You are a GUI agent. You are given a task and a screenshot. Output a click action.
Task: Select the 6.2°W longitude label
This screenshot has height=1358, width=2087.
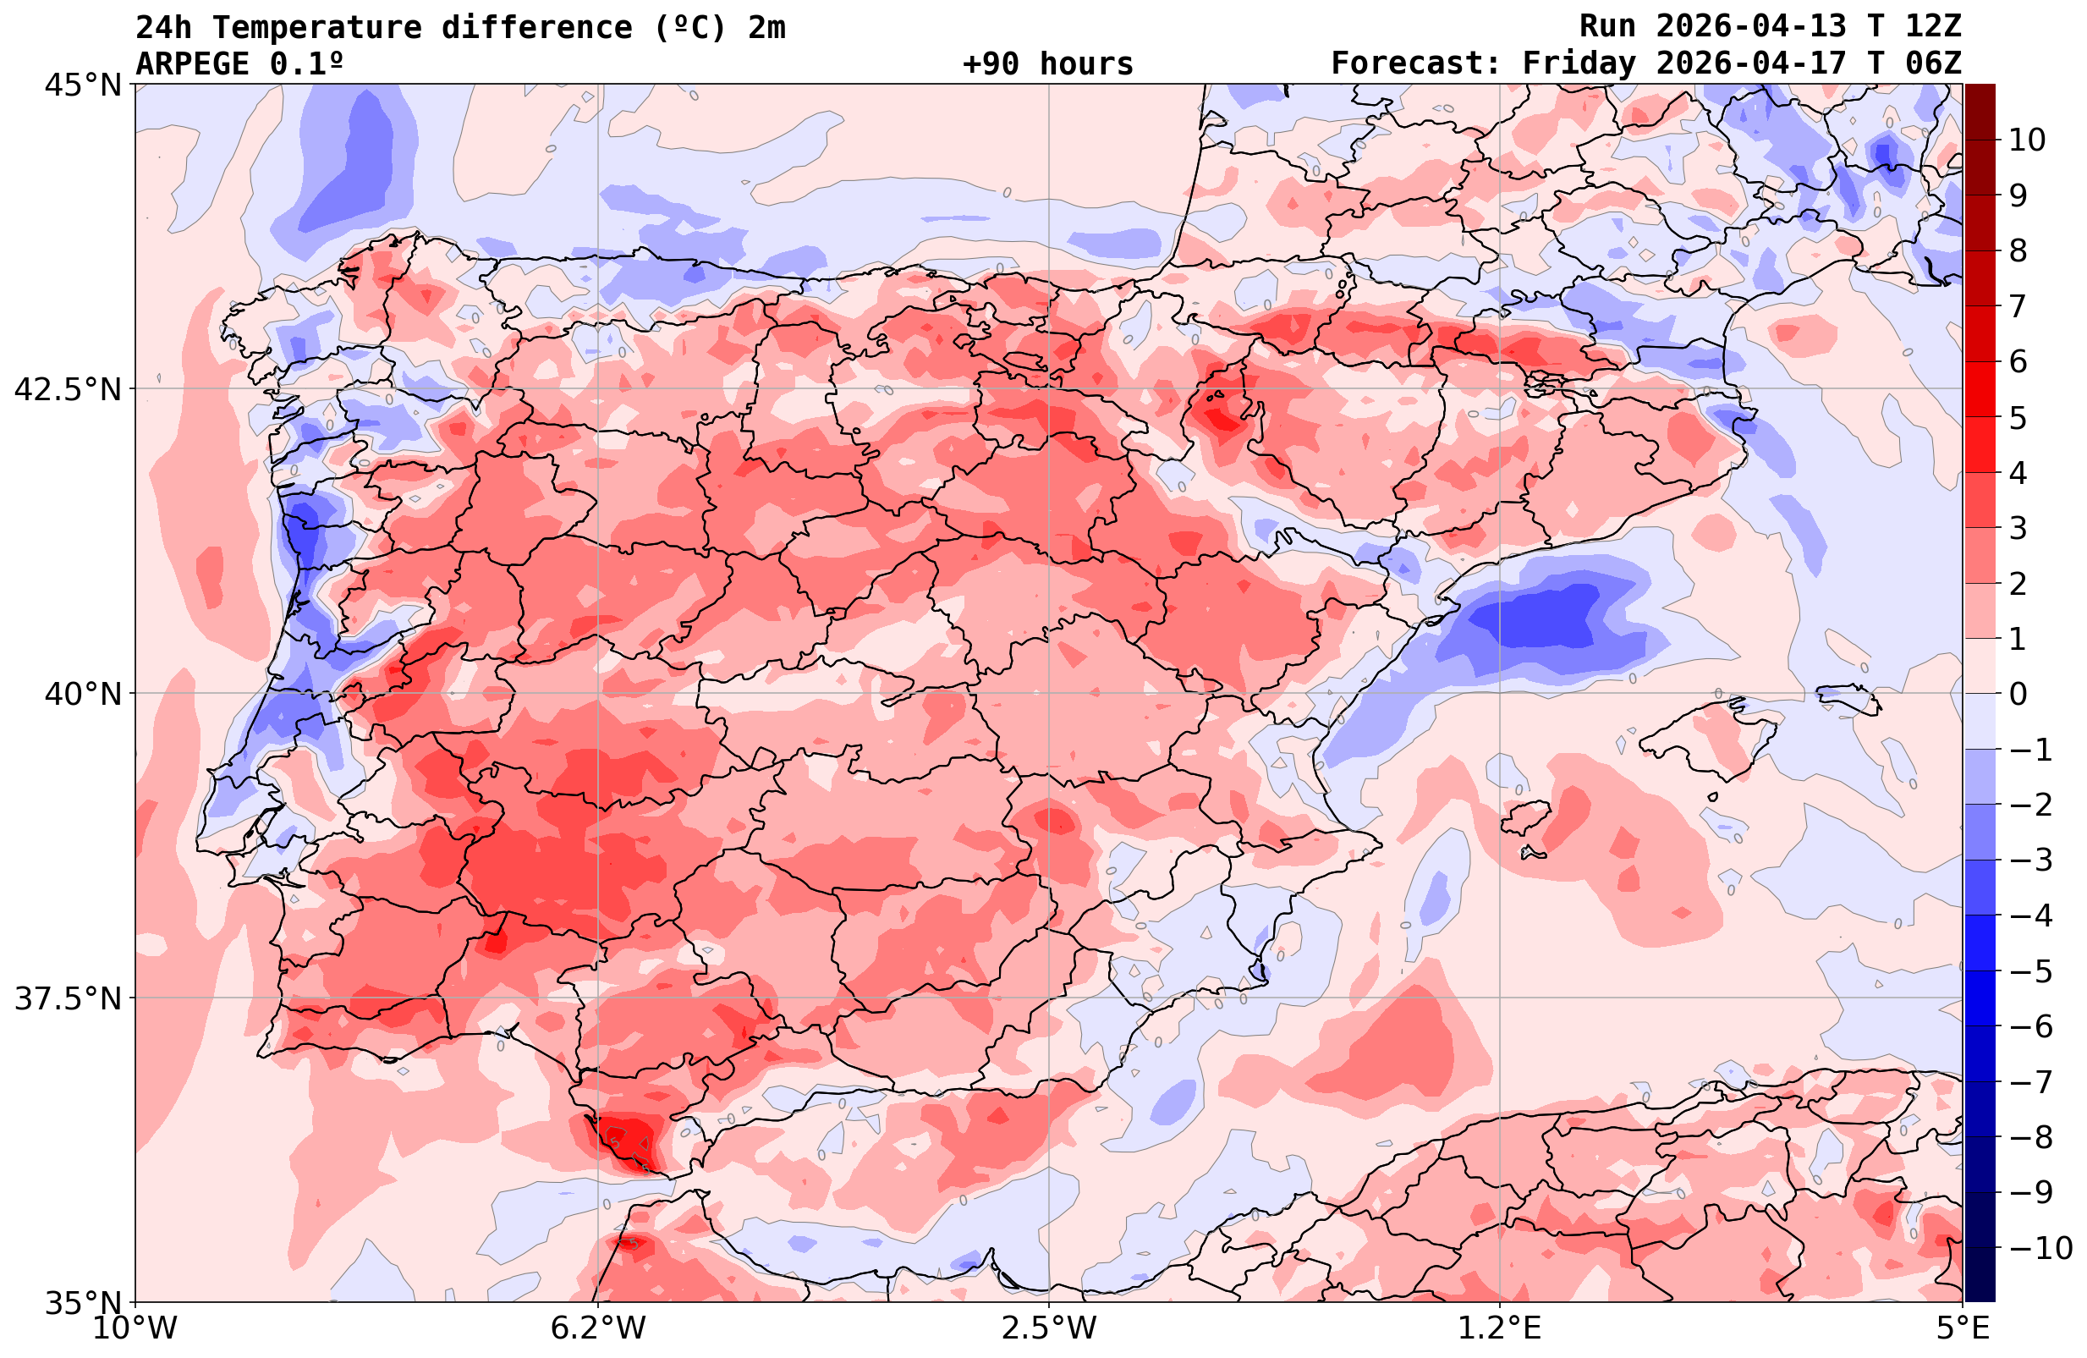point(598,1328)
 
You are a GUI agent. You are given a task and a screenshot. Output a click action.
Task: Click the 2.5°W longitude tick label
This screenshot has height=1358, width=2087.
point(1049,1328)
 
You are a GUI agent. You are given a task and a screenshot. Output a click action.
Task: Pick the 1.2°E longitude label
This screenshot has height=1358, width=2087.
point(1500,1328)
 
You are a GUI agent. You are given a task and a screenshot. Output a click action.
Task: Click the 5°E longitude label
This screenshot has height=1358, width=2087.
point(1961,1328)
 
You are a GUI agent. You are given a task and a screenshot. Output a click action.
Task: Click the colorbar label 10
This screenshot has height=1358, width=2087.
point(2028,140)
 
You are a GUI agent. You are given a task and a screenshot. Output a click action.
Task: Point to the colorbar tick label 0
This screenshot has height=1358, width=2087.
point(2018,694)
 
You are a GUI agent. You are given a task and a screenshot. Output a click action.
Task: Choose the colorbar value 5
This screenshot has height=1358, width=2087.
point(2018,418)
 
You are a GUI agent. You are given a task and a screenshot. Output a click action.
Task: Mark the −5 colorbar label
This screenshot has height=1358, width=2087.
point(2030,971)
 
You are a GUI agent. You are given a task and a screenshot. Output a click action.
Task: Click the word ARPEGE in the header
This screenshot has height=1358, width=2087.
point(193,64)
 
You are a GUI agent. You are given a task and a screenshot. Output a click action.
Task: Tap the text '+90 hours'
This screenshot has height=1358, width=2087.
point(1048,64)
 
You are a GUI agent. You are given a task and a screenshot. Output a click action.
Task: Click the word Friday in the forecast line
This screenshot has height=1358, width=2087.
point(1579,64)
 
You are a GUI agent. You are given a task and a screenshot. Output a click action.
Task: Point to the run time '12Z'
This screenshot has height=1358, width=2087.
point(1933,26)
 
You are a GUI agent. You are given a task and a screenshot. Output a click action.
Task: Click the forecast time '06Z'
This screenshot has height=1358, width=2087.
point(1933,64)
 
